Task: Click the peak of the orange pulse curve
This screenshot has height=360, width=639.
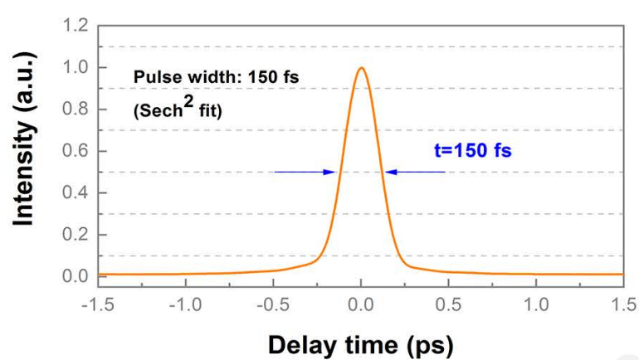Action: coord(361,69)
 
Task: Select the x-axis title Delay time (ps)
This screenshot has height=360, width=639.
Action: coord(359,342)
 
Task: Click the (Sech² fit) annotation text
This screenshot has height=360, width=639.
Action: coord(178,108)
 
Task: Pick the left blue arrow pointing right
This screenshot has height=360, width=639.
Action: coord(305,172)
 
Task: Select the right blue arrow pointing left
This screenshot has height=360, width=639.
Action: coord(415,172)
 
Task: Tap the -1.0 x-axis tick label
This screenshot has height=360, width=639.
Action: coord(183,304)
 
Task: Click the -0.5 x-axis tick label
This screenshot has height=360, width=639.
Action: coord(271,304)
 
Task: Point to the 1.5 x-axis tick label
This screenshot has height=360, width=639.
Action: coord(622,304)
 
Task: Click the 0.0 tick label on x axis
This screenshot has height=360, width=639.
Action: coord(361,304)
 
